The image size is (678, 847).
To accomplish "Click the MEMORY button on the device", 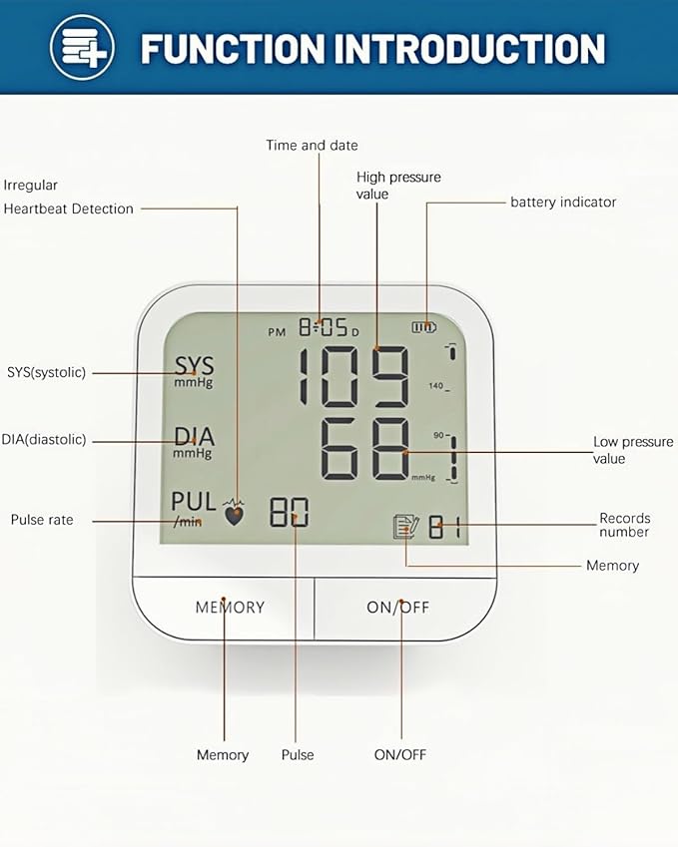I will [x=230, y=607].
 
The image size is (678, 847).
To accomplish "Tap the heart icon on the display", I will [x=235, y=515].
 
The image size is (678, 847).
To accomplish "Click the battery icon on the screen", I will [x=424, y=326].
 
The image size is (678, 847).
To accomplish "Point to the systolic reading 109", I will [x=355, y=377].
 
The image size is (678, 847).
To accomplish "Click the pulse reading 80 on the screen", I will [x=290, y=512].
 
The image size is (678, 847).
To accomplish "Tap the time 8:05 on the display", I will [x=323, y=327].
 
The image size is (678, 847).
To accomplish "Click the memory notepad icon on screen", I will [x=405, y=527].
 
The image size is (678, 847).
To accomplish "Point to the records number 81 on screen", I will [x=445, y=527].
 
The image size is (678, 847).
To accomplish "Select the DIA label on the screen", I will [x=194, y=437].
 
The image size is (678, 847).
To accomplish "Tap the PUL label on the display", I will [x=193, y=501].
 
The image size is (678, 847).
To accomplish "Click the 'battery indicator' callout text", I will [x=563, y=203].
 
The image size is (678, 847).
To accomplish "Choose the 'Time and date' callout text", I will [x=312, y=146].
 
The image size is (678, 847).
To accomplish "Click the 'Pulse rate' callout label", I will [x=42, y=520].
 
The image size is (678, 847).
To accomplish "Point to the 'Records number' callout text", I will [x=624, y=525].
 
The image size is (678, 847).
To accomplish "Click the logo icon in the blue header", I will [x=82, y=47].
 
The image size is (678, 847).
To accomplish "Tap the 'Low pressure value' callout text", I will [x=633, y=450].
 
